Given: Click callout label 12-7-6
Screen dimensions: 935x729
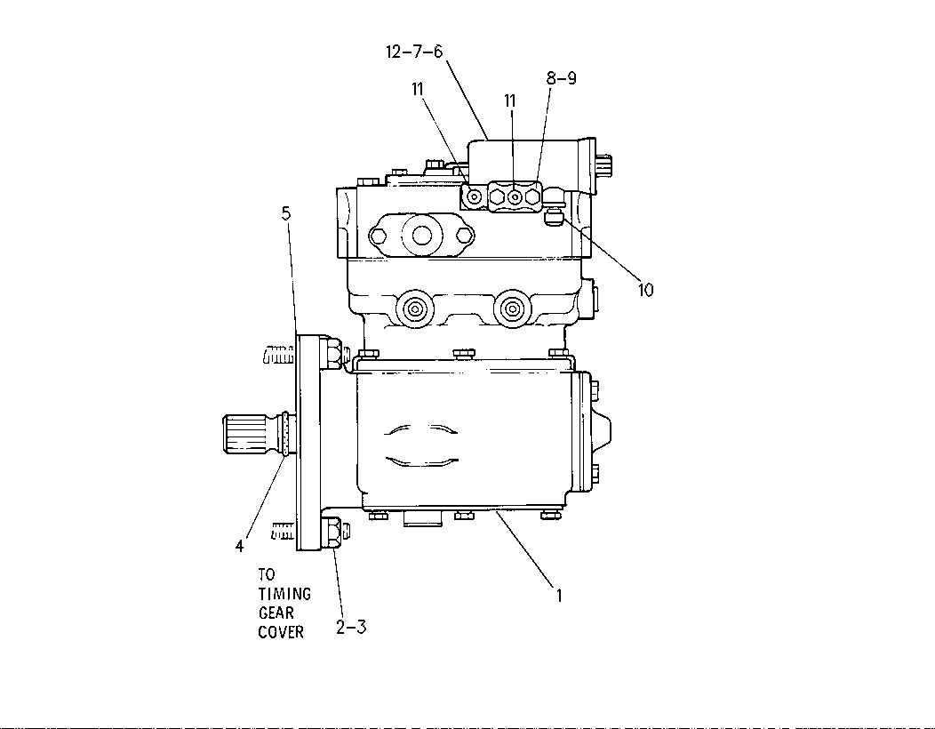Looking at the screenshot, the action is (414, 52).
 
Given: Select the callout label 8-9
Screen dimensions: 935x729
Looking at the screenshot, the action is (561, 77).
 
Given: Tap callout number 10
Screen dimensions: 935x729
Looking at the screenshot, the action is (646, 290).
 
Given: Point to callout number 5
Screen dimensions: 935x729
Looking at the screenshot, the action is (286, 213).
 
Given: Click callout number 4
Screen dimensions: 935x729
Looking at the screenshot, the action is (240, 546).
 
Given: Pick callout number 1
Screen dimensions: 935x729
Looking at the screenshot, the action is (559, 596).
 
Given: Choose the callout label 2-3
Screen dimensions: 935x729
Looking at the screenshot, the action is (350, 627).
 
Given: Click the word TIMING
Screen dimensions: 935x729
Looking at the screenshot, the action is (285, 594).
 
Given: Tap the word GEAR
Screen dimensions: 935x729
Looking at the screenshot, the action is (276, 613).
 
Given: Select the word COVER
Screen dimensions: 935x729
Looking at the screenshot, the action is (281, 632).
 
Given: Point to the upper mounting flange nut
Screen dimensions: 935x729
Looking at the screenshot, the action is (334, 353).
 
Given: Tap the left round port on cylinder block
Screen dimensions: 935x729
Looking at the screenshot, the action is (412, 308).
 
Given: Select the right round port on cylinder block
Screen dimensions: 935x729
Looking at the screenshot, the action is (511, 308).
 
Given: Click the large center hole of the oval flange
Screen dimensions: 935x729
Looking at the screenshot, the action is (422, 236).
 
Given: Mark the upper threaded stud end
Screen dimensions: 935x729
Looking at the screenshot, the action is (279, 355).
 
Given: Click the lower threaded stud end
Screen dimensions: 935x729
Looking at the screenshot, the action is (284, 531).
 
